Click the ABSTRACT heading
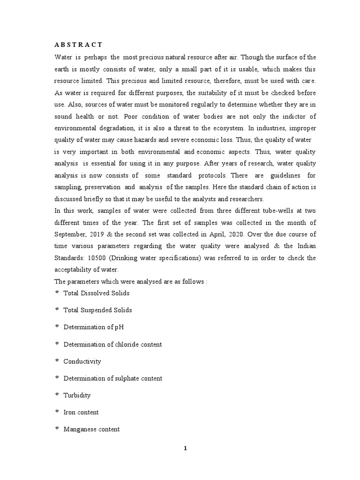click(78, 45)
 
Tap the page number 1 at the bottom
click(185, 448)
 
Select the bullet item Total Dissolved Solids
click(97, 293)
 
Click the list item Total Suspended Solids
click(97, 310)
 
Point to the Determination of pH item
click(94, 327)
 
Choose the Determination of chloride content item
click(112, 345)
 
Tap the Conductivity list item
click(82, 361)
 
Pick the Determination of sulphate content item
click(113, 378)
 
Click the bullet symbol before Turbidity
click(57, 395)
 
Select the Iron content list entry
click(81, 412)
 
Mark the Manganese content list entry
click(91, 429)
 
